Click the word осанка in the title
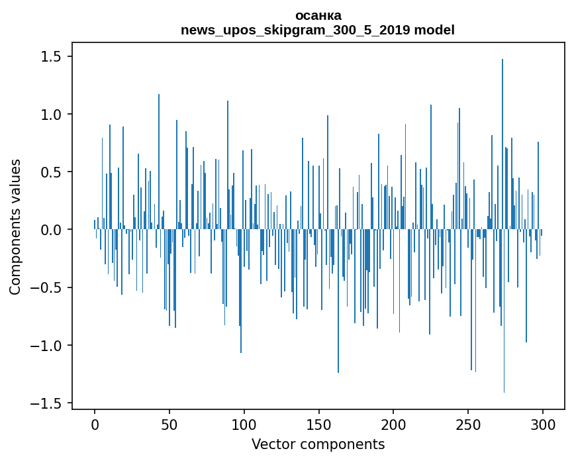pos(318,15)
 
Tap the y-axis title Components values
pos(15,227)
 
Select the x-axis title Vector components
pos(318,444)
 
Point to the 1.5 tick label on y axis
pos(52,57)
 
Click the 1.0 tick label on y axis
pos(52,115)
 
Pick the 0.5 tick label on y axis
pos(52,172)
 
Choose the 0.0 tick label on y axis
pos(52,230)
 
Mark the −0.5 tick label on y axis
pos(46,288)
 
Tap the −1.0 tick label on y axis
pos(46,346)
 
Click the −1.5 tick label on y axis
pos(46,403)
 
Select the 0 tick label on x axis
pos(95,424)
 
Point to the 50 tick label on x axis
pos(169,424)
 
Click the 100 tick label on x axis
pos(244,424)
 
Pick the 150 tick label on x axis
pos(318,424)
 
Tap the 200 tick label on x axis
pos(393,424)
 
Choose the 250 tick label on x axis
pos(468,424)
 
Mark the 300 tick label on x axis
pos(543,424)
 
